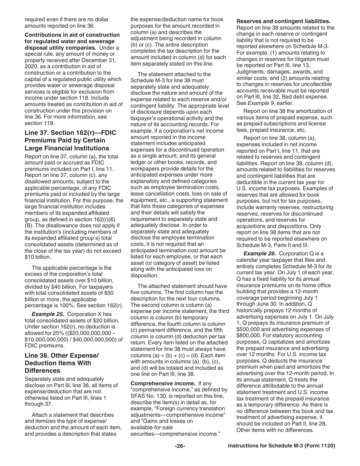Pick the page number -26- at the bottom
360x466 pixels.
pyautogui.click(x=180, y=446)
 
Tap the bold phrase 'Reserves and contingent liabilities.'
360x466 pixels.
pyautogui.click(x=283, y=21)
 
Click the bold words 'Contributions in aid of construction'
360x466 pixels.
pyautogui.click(x=72, y=35)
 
